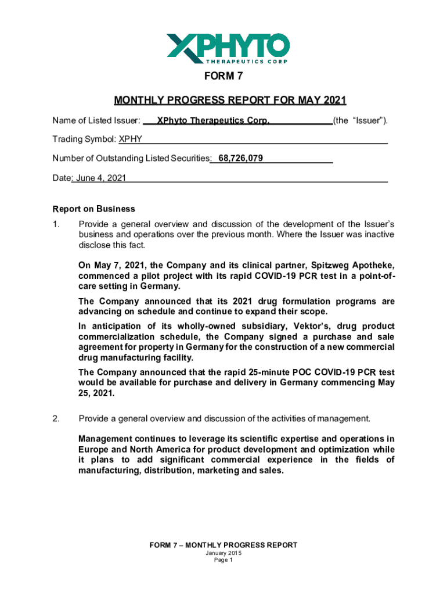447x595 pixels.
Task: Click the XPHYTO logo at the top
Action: click(x=228, y=48)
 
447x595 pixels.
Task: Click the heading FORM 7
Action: click(x=223, y=77)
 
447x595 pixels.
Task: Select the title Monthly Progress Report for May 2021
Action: click(x=230, y=101)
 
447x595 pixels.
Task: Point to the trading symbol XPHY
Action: click(x=131, y=139)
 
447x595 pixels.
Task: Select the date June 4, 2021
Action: click(x=99, y=178)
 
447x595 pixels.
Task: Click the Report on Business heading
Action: click(x=93, y=209)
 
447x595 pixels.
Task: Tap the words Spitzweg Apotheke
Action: click(x=355, y=266)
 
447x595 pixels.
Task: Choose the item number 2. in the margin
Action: click(x=56, y=418)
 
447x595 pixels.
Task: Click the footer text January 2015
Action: click(x=223, y=553)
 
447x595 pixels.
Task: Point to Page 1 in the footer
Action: click(x=223, y=561)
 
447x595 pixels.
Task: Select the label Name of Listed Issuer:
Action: click(x=96, y=121)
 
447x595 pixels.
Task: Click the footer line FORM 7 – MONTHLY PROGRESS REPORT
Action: click(x=223, y=545)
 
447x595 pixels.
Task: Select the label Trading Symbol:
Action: click(x=84, y=139)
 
